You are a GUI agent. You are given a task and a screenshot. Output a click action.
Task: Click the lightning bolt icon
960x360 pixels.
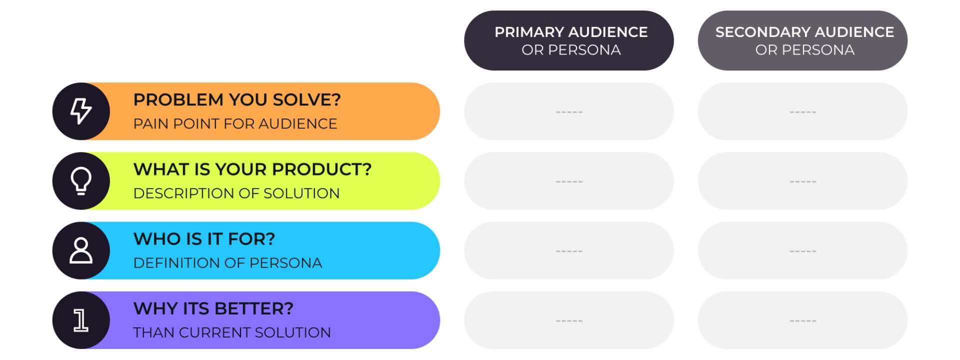[x=80, y=111]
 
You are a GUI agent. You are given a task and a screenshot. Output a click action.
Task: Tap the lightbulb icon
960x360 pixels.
[x=81, y=180]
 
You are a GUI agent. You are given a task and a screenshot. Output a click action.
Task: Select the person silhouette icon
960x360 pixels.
[x=81, y=250]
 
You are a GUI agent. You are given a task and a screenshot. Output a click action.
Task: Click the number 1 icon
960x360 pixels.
[x=81, y=320]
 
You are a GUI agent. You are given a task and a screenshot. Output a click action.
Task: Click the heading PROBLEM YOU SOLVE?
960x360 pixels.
[x=237, y=99]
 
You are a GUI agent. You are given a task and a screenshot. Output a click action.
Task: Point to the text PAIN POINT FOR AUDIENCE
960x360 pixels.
[x=235, y=123]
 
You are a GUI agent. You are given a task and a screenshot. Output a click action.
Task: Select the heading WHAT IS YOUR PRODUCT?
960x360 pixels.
[x=252, y=169]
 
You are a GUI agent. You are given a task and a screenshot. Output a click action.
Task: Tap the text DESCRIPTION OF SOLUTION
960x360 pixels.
[x=236, y=193]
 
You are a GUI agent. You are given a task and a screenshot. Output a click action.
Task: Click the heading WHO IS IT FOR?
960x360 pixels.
[x=204, y=238]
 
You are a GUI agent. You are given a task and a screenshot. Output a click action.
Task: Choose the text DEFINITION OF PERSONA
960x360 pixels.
[x=227, y=262]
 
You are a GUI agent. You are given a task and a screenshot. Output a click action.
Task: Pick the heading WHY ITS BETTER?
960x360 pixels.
[x=213, y=308]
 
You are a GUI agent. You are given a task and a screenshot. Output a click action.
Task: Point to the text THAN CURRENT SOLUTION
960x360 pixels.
[x=232, y=332]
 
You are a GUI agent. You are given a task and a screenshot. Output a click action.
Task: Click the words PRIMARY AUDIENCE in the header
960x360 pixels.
[x=571, y=32]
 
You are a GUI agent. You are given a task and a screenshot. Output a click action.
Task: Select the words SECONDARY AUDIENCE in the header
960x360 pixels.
[x=804, y=32]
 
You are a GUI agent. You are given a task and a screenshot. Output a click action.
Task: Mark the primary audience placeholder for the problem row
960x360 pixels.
[x=569, y=111]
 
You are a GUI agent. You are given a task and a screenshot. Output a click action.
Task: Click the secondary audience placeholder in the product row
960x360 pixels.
[x=803, y=181]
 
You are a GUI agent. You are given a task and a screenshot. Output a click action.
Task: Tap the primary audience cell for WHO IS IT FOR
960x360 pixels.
[x=569, y=250]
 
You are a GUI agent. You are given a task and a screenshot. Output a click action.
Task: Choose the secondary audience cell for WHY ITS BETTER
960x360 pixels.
[x=803, y=320]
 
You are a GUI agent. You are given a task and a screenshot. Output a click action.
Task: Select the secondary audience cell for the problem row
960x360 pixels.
[x=803, y=111]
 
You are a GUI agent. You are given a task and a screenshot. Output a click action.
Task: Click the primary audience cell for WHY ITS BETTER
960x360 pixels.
[x=569, y=320]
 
